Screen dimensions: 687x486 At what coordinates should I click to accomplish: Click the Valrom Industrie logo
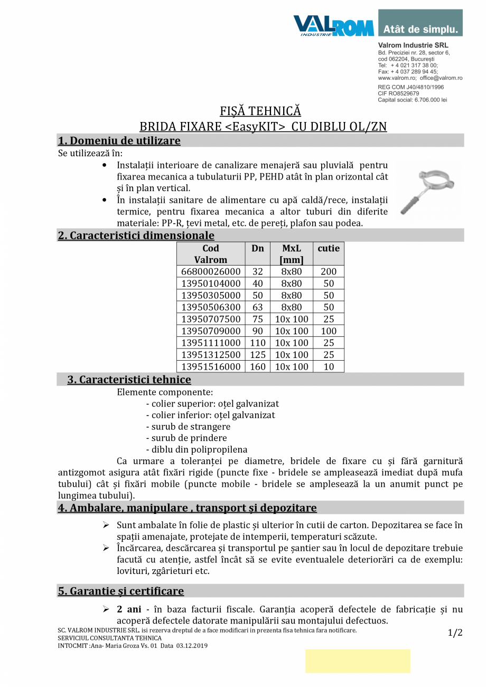click(333, 25)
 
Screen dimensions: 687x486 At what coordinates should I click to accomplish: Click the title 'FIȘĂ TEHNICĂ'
click(260, 111)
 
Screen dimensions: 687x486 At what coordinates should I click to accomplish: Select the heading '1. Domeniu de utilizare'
click(119, 141)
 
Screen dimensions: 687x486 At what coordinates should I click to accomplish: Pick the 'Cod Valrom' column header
click(211, 254)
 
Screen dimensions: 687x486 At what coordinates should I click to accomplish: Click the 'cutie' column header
click(329, 248)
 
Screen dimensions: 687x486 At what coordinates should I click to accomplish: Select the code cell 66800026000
click(211, 271)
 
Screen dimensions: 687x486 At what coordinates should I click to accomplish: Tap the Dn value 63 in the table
click(258, 307)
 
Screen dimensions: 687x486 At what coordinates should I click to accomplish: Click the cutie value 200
click(329, 271)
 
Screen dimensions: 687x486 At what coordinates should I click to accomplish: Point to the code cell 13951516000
click(211, 366)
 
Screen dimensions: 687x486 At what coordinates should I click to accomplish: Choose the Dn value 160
click(258, 366)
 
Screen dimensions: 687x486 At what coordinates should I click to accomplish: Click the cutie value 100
click(329, 331)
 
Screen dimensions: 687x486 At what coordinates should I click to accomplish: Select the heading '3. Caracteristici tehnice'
click(129, 380)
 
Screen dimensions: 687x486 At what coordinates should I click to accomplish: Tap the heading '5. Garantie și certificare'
click(121, 591)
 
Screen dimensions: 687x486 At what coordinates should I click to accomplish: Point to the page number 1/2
click(455, 633)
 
